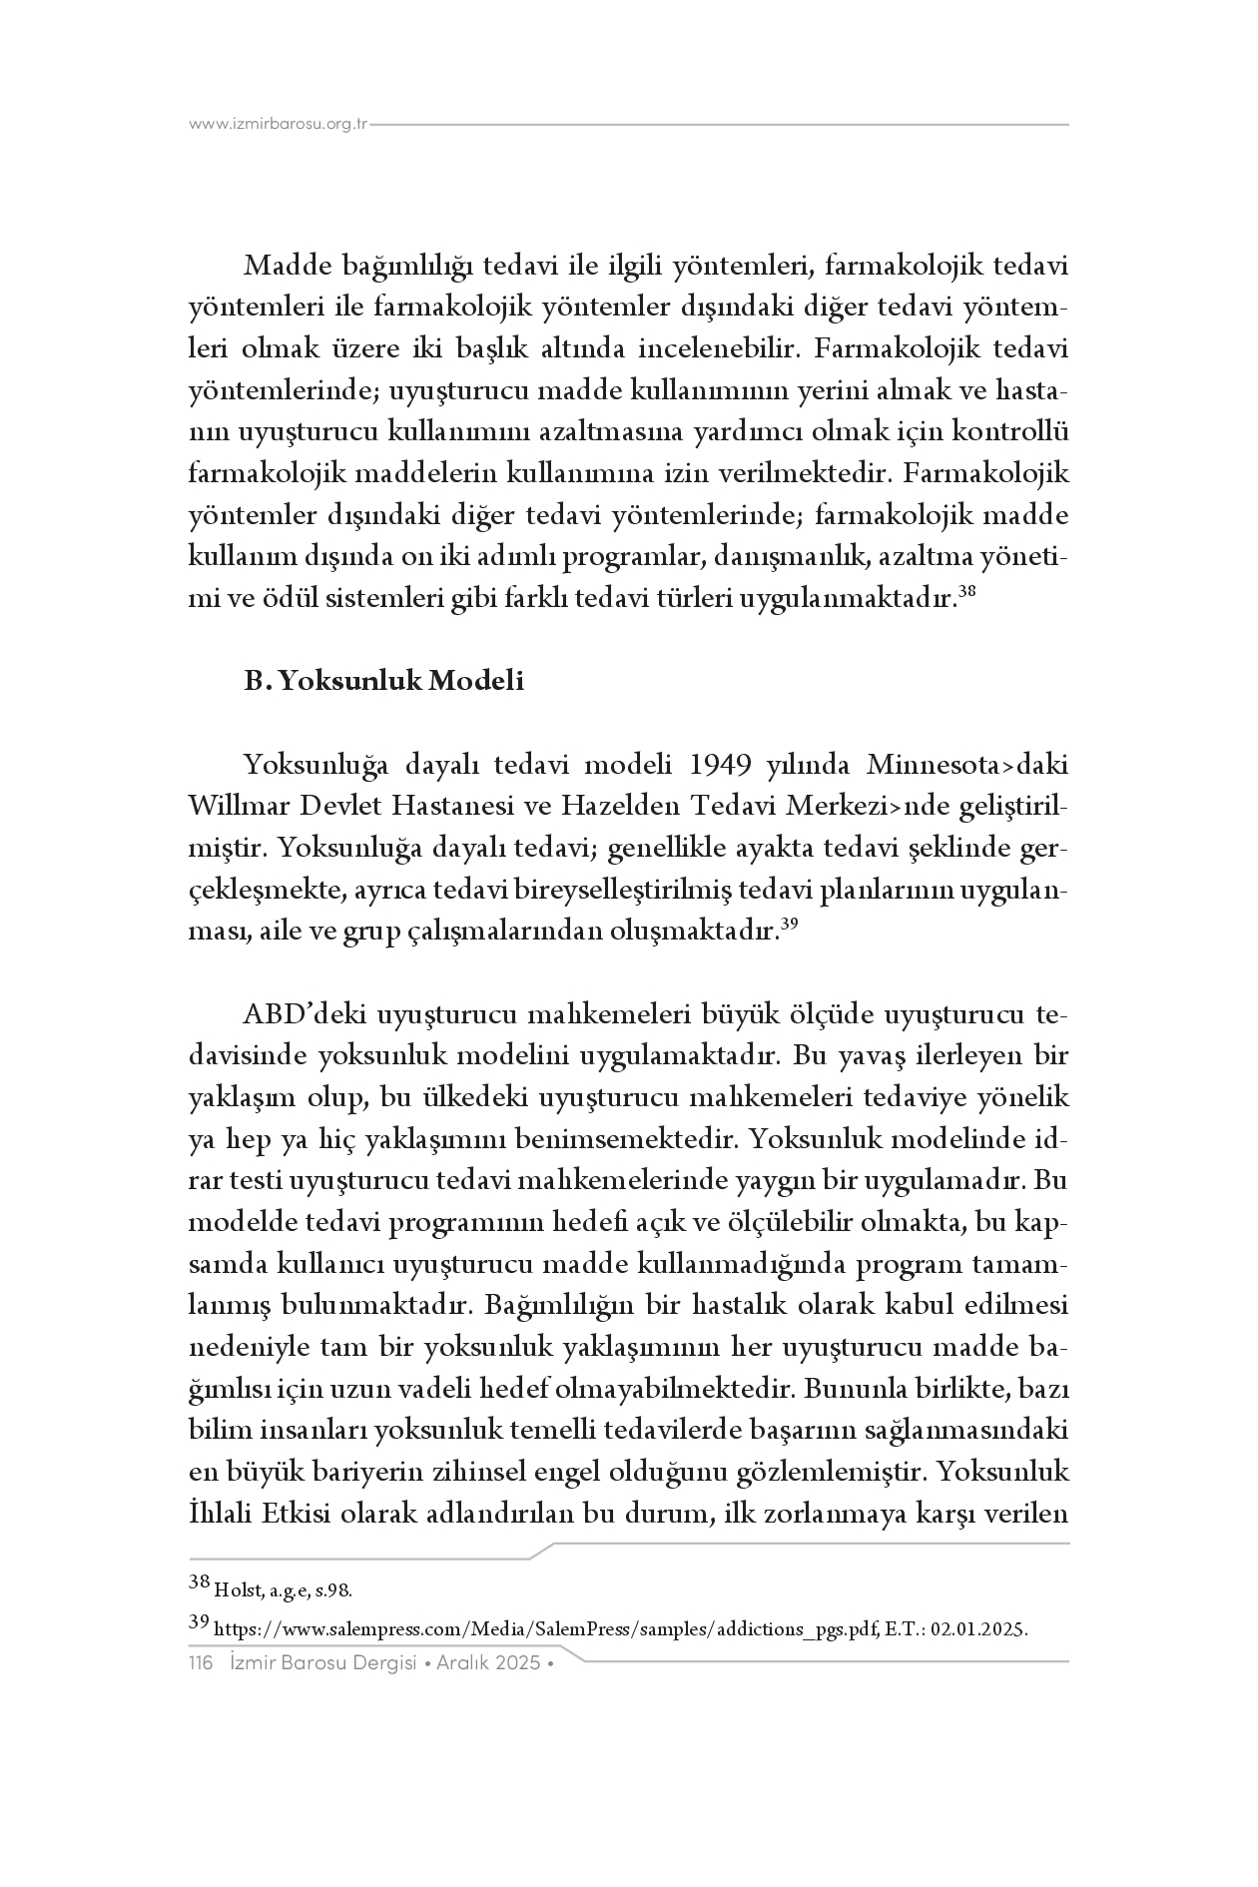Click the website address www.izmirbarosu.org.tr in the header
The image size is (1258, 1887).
pos(279,125)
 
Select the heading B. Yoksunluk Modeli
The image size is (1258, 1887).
pos(384,682)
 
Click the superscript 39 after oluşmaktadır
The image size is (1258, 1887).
pos(789,926)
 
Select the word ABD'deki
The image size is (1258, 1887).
pos(303,1014)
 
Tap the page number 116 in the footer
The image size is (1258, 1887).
pos(201,1664)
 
